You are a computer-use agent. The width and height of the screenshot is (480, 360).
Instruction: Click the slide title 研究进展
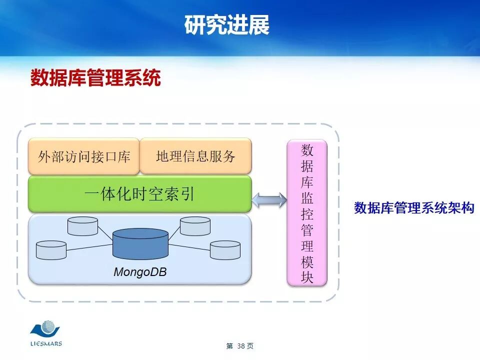[x=227, y=25]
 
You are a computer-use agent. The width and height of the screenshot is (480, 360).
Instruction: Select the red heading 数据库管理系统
[x=95, y=78]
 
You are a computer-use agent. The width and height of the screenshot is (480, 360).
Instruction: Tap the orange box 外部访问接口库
[x=84, y=156]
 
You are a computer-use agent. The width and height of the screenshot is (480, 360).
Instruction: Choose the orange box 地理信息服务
[x=195, y=156]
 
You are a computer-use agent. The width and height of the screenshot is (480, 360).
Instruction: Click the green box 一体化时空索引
[x=139, y=193]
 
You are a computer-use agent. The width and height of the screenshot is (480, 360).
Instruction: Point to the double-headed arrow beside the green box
[x=269, y=200]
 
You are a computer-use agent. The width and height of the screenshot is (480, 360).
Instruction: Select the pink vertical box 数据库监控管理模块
[x=307, y=212]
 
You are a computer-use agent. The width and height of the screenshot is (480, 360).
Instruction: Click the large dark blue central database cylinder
[x=140, y=243]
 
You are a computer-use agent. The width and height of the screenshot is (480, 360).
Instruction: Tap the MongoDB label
[x=140, y=272]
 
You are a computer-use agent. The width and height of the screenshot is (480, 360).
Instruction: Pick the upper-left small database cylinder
[x=82, y=226]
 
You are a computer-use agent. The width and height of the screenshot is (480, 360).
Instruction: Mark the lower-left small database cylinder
[x=51, y=250]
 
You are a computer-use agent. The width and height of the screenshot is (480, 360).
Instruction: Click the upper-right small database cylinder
[x=195, y=226]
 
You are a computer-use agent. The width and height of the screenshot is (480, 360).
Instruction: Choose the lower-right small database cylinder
[x=225, y=250]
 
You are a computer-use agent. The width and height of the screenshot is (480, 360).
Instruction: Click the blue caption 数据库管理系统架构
[x=414, y=208]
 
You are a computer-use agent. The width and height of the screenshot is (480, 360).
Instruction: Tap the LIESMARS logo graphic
[x=45, y=329]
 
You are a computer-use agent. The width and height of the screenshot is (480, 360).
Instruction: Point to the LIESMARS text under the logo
[x=45, y=343]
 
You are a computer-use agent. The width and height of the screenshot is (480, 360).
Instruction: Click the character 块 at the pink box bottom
[x=307, y=277]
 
